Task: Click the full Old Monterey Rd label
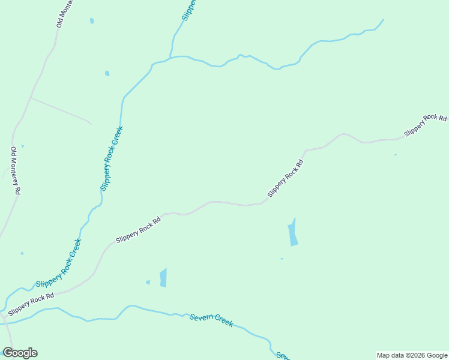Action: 16,170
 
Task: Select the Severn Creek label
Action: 211,320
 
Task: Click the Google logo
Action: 20,353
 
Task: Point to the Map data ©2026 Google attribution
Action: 412,355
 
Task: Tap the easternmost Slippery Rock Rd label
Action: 426,125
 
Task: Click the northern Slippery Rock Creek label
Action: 112,158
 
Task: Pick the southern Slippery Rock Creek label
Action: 59,263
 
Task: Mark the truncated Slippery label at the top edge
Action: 190,10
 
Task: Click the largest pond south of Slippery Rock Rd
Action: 293,233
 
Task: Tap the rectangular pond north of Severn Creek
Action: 163,278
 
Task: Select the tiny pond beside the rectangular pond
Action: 148,282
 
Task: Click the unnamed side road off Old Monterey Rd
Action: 61,110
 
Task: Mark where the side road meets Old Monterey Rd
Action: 30,97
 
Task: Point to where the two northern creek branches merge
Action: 170,59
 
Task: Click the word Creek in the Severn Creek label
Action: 223,322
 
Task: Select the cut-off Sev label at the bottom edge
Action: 282,355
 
